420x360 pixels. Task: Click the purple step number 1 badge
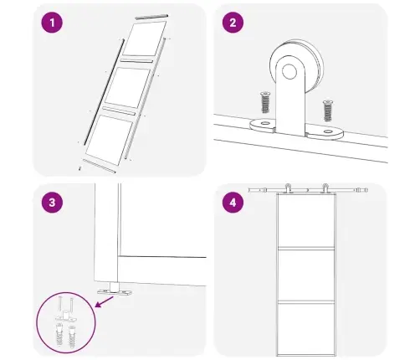click(x=52, y=23)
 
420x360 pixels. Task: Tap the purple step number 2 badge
click(x=233, y=23)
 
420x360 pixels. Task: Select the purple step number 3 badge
click(x=52, y=203)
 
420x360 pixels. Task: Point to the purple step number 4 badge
click(x=233, y=203)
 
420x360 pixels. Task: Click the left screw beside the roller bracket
click(x=265, y=102)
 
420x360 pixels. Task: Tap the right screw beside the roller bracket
click(x=328, y=111)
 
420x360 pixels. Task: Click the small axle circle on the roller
click(x=289, y=72)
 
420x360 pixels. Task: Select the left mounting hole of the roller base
click(x=264, y=123)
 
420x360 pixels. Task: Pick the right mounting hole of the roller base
click(x=328, y=131)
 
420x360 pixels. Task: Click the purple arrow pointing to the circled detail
click(x=105, y=301)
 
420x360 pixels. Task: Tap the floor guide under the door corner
click(x=115, y=289)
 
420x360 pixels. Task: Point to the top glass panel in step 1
click(x=145, y=39)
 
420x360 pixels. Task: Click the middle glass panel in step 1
click(x=128, y=88)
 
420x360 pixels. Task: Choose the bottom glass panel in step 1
click(x=109, y=140)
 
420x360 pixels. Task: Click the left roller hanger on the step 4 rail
click(x=289, y=188)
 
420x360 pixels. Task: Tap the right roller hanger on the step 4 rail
click(x=325, y=188)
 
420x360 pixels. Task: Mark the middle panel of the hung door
click(x=306, y=275)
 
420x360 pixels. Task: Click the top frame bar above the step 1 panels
click(x=151, y=17)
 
